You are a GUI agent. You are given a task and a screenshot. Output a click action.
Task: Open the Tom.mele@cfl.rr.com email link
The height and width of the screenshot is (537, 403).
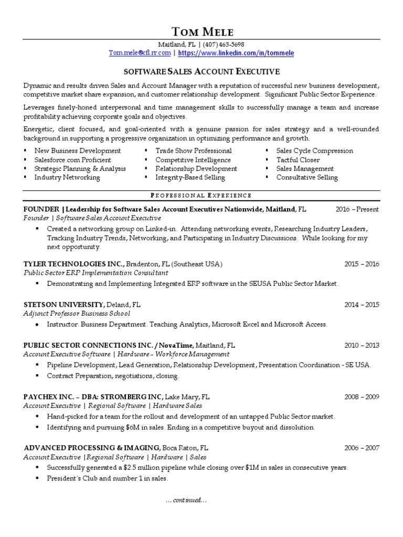click(x=140, y=53)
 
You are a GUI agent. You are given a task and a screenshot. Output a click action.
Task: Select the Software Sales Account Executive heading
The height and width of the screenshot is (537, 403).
click(x=201, y=71)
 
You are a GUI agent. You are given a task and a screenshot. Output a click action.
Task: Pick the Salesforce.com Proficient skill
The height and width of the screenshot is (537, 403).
click(x=72, y=160)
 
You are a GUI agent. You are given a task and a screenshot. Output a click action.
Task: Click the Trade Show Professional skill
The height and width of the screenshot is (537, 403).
click(x=193, y=151)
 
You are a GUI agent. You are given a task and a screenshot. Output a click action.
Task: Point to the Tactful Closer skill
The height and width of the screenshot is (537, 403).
click(x=298, y=160)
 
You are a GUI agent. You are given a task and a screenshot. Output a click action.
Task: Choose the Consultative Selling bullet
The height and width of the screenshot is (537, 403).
click(x=307, y=178)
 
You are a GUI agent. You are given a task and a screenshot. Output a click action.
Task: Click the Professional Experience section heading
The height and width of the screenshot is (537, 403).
click(x=201, y=196)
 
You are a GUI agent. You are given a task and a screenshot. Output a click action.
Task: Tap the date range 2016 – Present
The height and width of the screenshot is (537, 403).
click(x=357, y=209)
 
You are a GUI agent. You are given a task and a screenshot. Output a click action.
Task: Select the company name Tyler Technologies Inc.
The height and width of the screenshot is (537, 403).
click(x=74, y=264)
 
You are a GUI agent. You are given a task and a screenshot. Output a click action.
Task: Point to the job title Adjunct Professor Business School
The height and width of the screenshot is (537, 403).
click(x=77, y=314)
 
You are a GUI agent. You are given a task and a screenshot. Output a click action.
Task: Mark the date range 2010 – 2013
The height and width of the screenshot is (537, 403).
click(x=362, y=346)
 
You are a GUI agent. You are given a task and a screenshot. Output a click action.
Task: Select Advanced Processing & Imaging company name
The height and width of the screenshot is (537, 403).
click(x=92, y=448)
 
